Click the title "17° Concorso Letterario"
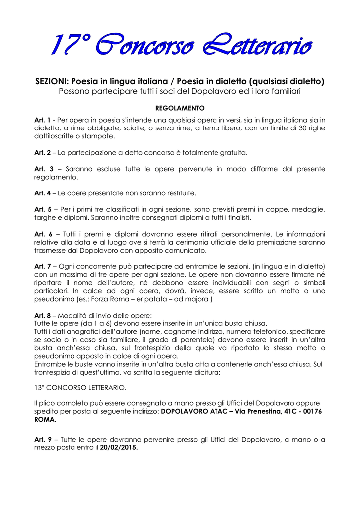pyautogui.click(x=180, y=47)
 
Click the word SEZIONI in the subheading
pyautogui.click(x=52, y=81)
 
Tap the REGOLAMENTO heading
pyautogui.click(x=180, y=108)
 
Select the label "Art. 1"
pyautogui.click(x=42, y=120)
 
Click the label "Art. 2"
pyautogui.click(x=42, y=152)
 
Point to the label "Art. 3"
pyautogui.click(x=43, y=169)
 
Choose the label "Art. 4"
pyautogui.click(x=42, y=193)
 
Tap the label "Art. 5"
pyautogui.click(x=43, y=209)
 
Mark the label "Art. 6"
pyautogui.click(x=43, y=234)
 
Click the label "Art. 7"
pyautogui.click(x=42, y=266)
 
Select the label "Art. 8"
pyautogui.click(x=42, y=315)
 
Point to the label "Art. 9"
pyautogui.click(x=43, y=440)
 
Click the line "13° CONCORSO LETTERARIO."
pyautogui.click(x=80, y=387)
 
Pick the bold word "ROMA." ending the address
pyautogui.click(x=45, y=419)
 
